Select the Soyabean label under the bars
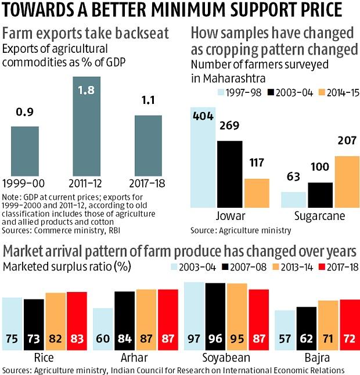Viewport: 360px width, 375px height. pyautogui.click(x=221, y=358)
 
